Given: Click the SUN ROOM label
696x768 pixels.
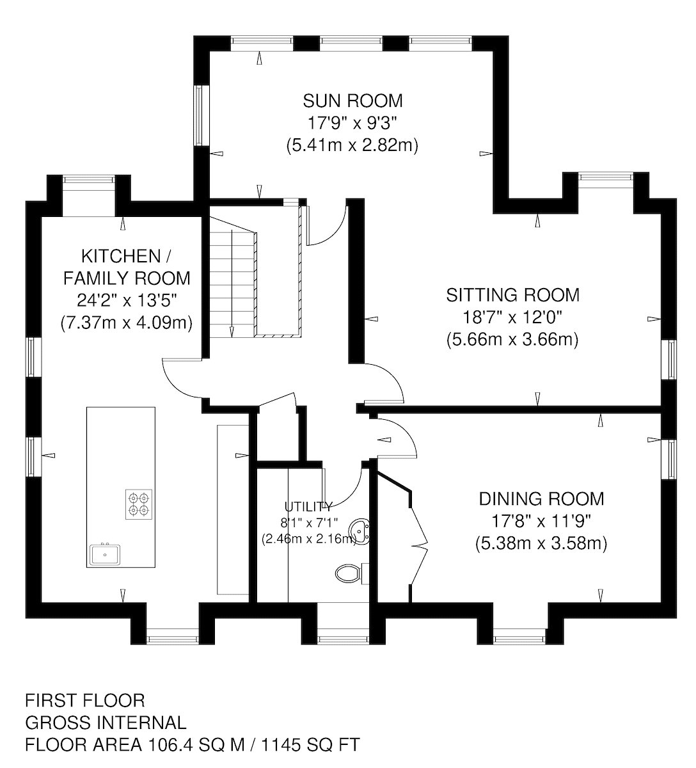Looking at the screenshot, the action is coord(352,101).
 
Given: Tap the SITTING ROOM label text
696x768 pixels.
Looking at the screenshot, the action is coord(512,295).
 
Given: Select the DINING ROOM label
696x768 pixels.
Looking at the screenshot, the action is coord(542,499).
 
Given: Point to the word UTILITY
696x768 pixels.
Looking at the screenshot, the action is coord(308,507).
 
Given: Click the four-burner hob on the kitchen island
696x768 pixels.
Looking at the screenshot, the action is coord(139,504).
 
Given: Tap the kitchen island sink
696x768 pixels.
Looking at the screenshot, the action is coord(105,554).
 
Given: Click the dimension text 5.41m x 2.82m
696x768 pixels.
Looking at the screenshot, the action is coord(352,145).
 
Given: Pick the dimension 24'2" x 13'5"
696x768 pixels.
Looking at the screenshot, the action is coord(127,301).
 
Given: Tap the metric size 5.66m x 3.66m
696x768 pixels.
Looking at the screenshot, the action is coord(512,340).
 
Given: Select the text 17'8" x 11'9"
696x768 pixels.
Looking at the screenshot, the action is coord(541,521).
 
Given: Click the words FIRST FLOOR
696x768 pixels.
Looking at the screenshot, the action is coord(85,701).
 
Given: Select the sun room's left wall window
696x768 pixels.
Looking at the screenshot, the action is coord(199,115).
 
